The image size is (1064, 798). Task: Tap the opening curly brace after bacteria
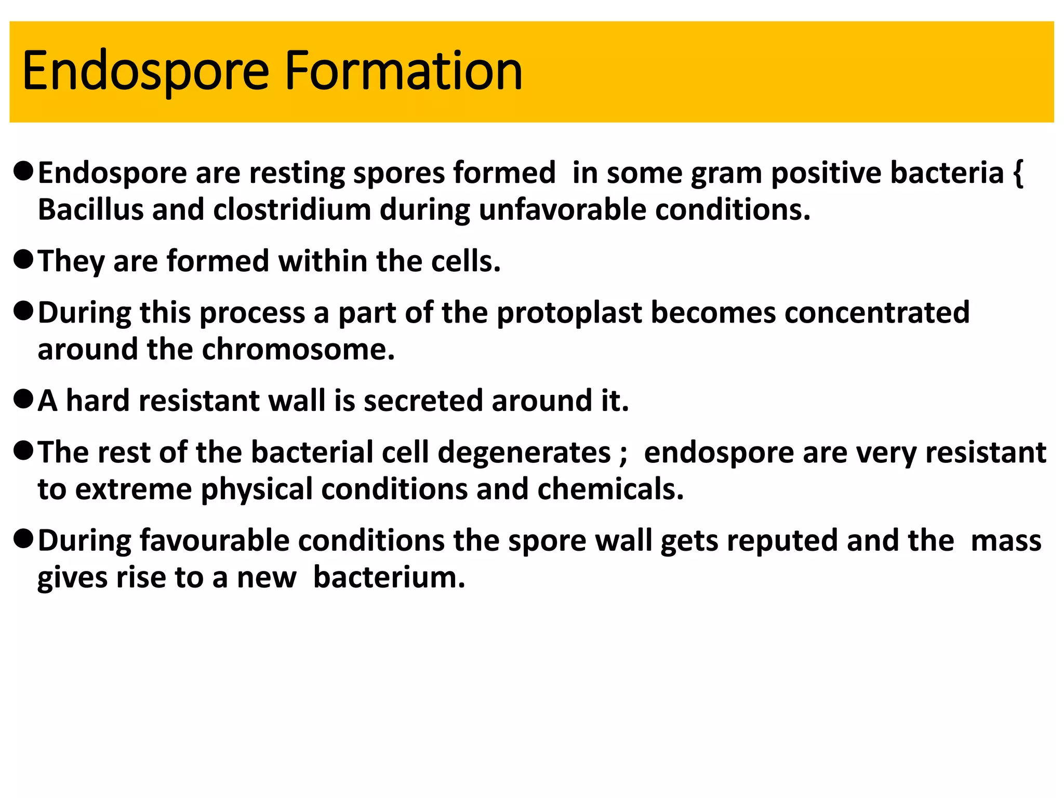coord(1018,173)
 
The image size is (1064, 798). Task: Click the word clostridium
coord(292,209)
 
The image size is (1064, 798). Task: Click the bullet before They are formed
coord(23,259)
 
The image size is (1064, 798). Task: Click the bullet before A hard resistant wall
coord(23,399)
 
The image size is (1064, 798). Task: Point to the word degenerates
coord(524,453)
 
